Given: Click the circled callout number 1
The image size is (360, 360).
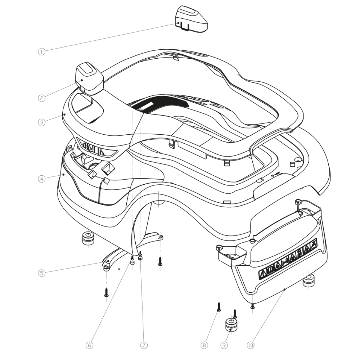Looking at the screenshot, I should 42,51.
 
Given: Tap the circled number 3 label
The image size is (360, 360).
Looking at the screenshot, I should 42,122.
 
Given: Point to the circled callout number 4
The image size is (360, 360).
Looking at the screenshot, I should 42,179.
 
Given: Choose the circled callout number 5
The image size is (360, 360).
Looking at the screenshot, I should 42,273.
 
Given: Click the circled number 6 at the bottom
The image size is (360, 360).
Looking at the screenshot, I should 89,345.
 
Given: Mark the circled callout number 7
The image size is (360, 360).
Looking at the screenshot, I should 144,345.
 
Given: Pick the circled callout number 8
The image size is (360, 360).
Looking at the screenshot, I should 204,345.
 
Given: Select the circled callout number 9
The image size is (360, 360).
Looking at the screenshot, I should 224,345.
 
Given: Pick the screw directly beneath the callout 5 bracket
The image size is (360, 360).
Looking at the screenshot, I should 106,292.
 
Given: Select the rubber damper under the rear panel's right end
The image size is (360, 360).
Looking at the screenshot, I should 309,281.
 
